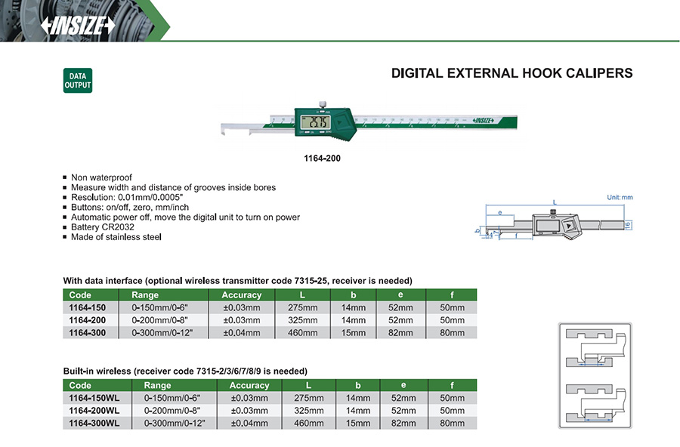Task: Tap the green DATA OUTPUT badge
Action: (78, 81)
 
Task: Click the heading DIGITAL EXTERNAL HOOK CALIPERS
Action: (512, 73)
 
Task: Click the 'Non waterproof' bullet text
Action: (101, 177)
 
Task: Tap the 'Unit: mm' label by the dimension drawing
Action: (620, 197)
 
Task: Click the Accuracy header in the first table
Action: (241, 294)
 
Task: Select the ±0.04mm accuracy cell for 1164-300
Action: (241, 331)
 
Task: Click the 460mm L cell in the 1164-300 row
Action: (301, 331)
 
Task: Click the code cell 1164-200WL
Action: (94, 410)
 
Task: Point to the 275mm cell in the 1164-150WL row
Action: (308, 398)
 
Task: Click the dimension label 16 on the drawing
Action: (628, 224)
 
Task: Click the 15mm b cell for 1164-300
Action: (354, 331)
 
